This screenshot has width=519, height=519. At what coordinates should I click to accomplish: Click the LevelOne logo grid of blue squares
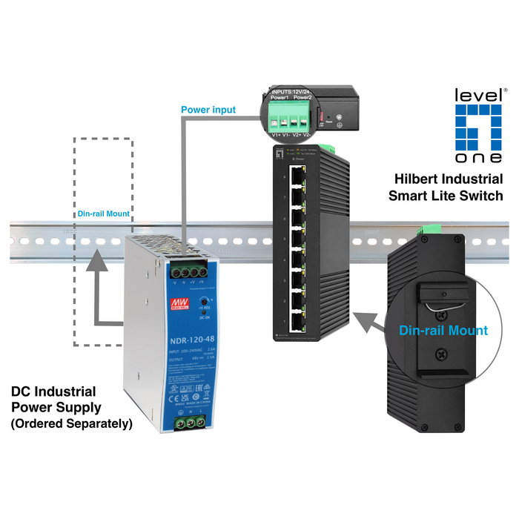480,133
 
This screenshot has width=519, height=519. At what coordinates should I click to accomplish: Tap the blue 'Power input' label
208,110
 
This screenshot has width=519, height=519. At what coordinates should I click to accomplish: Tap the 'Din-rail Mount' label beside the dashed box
104,214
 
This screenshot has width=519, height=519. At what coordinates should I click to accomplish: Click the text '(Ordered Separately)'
70,424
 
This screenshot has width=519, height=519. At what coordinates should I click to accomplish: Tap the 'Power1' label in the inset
279,97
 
